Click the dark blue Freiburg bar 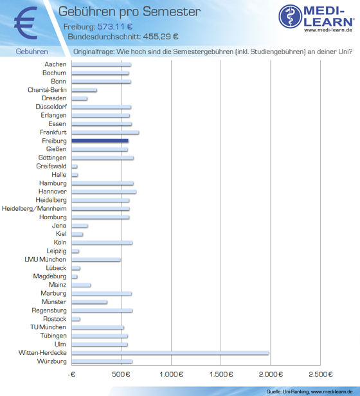click(x=100, y=141)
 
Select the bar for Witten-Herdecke click(x=170, y=353)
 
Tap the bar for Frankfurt click(x=105, y=132)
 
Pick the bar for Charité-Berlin click(x=84, y=90)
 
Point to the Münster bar click(x=89, y=301)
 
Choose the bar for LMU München click(x=96, y=259)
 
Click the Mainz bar click(x=81, y=285)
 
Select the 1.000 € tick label click(x=171, y=374)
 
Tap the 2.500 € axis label click(x=321, y=374)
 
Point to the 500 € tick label click(x=121, y=374)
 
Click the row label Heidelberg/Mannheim click(x=34, y=208)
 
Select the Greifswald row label click(x=51, y=166)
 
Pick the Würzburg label click(x=52, y=361)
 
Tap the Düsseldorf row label click(x=51, y=107)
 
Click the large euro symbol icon click(x=26, y=23)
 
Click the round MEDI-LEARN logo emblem click(x=290, y=17)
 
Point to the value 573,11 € click(x=115, y=26)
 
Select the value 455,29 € click(x=161, y=37)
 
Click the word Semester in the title click(x=172, y=12)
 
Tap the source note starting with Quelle click(x=309, y=392)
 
